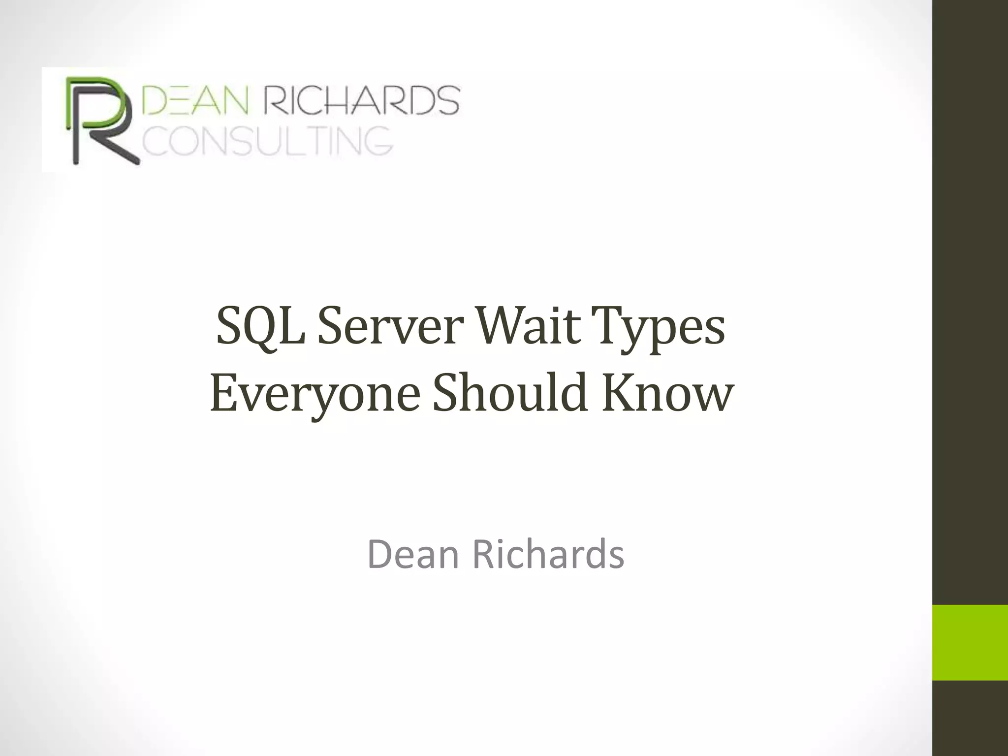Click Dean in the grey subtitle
coord(414,554)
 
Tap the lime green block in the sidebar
coord(970,642)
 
